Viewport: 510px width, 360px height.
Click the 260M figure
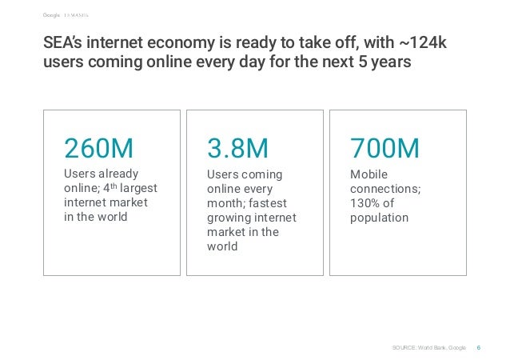tap(98, 149)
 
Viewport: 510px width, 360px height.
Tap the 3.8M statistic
tap(237, 149)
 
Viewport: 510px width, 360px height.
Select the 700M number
tap(384, 149)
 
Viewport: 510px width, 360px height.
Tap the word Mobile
tap(369, 174)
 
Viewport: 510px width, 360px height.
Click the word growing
tap(229, 218)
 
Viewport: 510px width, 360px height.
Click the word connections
tap(385, 189)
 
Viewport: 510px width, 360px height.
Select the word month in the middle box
tap(226, 203)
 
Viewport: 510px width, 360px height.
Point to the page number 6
tap(478, 347)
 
